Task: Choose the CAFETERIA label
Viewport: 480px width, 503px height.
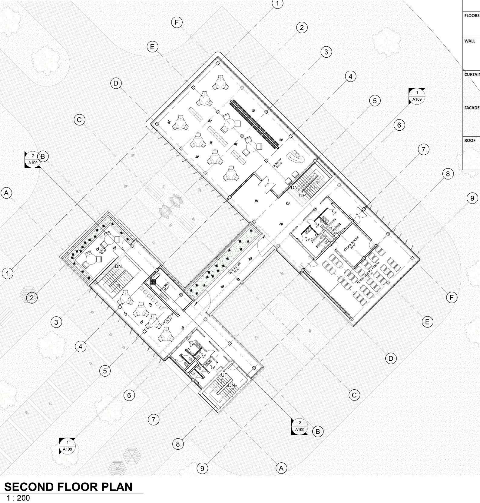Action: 167,319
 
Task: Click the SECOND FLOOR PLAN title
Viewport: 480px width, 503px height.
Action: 68,487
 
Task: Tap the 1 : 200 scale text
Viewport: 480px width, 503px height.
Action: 18,498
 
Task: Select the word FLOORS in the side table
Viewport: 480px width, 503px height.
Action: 472,16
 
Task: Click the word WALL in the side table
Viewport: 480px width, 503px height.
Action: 470,41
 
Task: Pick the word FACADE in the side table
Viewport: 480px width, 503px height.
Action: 472,108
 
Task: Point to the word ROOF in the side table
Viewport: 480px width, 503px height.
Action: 470,140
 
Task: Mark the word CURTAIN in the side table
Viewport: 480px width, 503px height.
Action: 472,74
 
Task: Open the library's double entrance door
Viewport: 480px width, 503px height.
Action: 267,183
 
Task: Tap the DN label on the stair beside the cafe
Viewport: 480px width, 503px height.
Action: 118,266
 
